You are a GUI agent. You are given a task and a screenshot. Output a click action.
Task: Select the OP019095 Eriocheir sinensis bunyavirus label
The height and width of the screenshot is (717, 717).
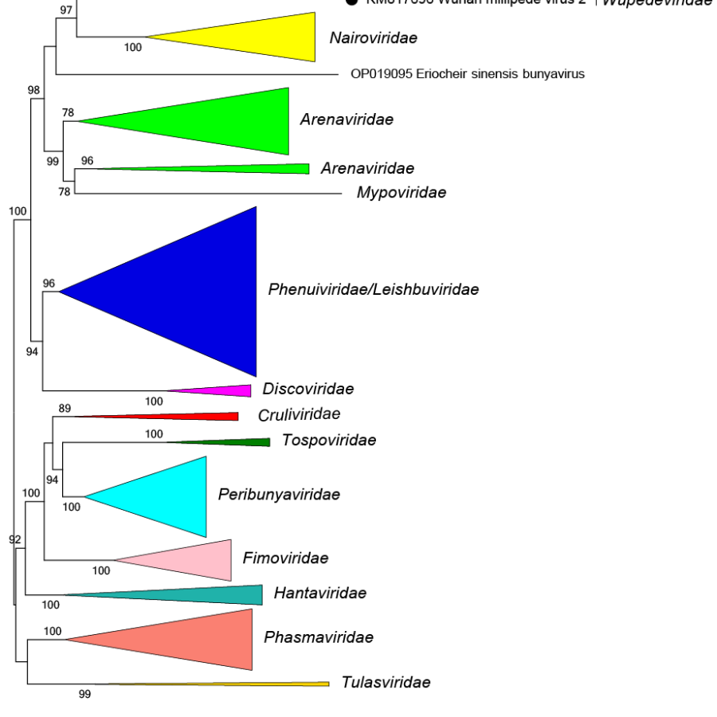pyautogui.click(x=468, y=74)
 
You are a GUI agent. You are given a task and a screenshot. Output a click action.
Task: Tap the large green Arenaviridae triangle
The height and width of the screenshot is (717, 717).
pyautogui.click(x=223, y=121)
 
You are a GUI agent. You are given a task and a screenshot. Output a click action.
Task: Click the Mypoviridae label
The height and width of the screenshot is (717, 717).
pyautogui.click(x=401, y=193)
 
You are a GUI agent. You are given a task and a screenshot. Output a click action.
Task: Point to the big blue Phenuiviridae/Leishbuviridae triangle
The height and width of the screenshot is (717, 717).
pyautogui.click(x=191, y=292)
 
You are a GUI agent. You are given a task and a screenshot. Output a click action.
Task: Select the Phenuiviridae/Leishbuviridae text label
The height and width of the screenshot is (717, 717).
pyautogui.click(x=374, y=289)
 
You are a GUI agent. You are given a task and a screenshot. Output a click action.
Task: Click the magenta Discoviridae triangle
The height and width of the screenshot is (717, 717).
pyautogui.click(x=223, y=390)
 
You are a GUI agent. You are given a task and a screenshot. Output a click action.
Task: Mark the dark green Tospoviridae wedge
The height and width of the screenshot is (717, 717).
pyautogui.click(x=239, y=442)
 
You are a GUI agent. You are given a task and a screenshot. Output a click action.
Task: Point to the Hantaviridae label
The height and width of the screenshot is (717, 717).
pyautogui.click(x=319, y=593)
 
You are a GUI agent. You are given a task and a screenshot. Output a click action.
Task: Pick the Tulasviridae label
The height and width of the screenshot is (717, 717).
pyautogui.click(x=386, y=683)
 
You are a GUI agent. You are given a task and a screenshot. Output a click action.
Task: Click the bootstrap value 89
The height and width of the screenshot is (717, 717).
pyautogui.click(x=65, y=408)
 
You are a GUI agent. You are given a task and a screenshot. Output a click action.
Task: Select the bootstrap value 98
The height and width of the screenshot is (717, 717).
pyautogui.click(x=33, y=90)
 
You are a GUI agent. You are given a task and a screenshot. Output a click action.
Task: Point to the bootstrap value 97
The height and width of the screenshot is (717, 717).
pyautogui.click(x=66, y=10)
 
